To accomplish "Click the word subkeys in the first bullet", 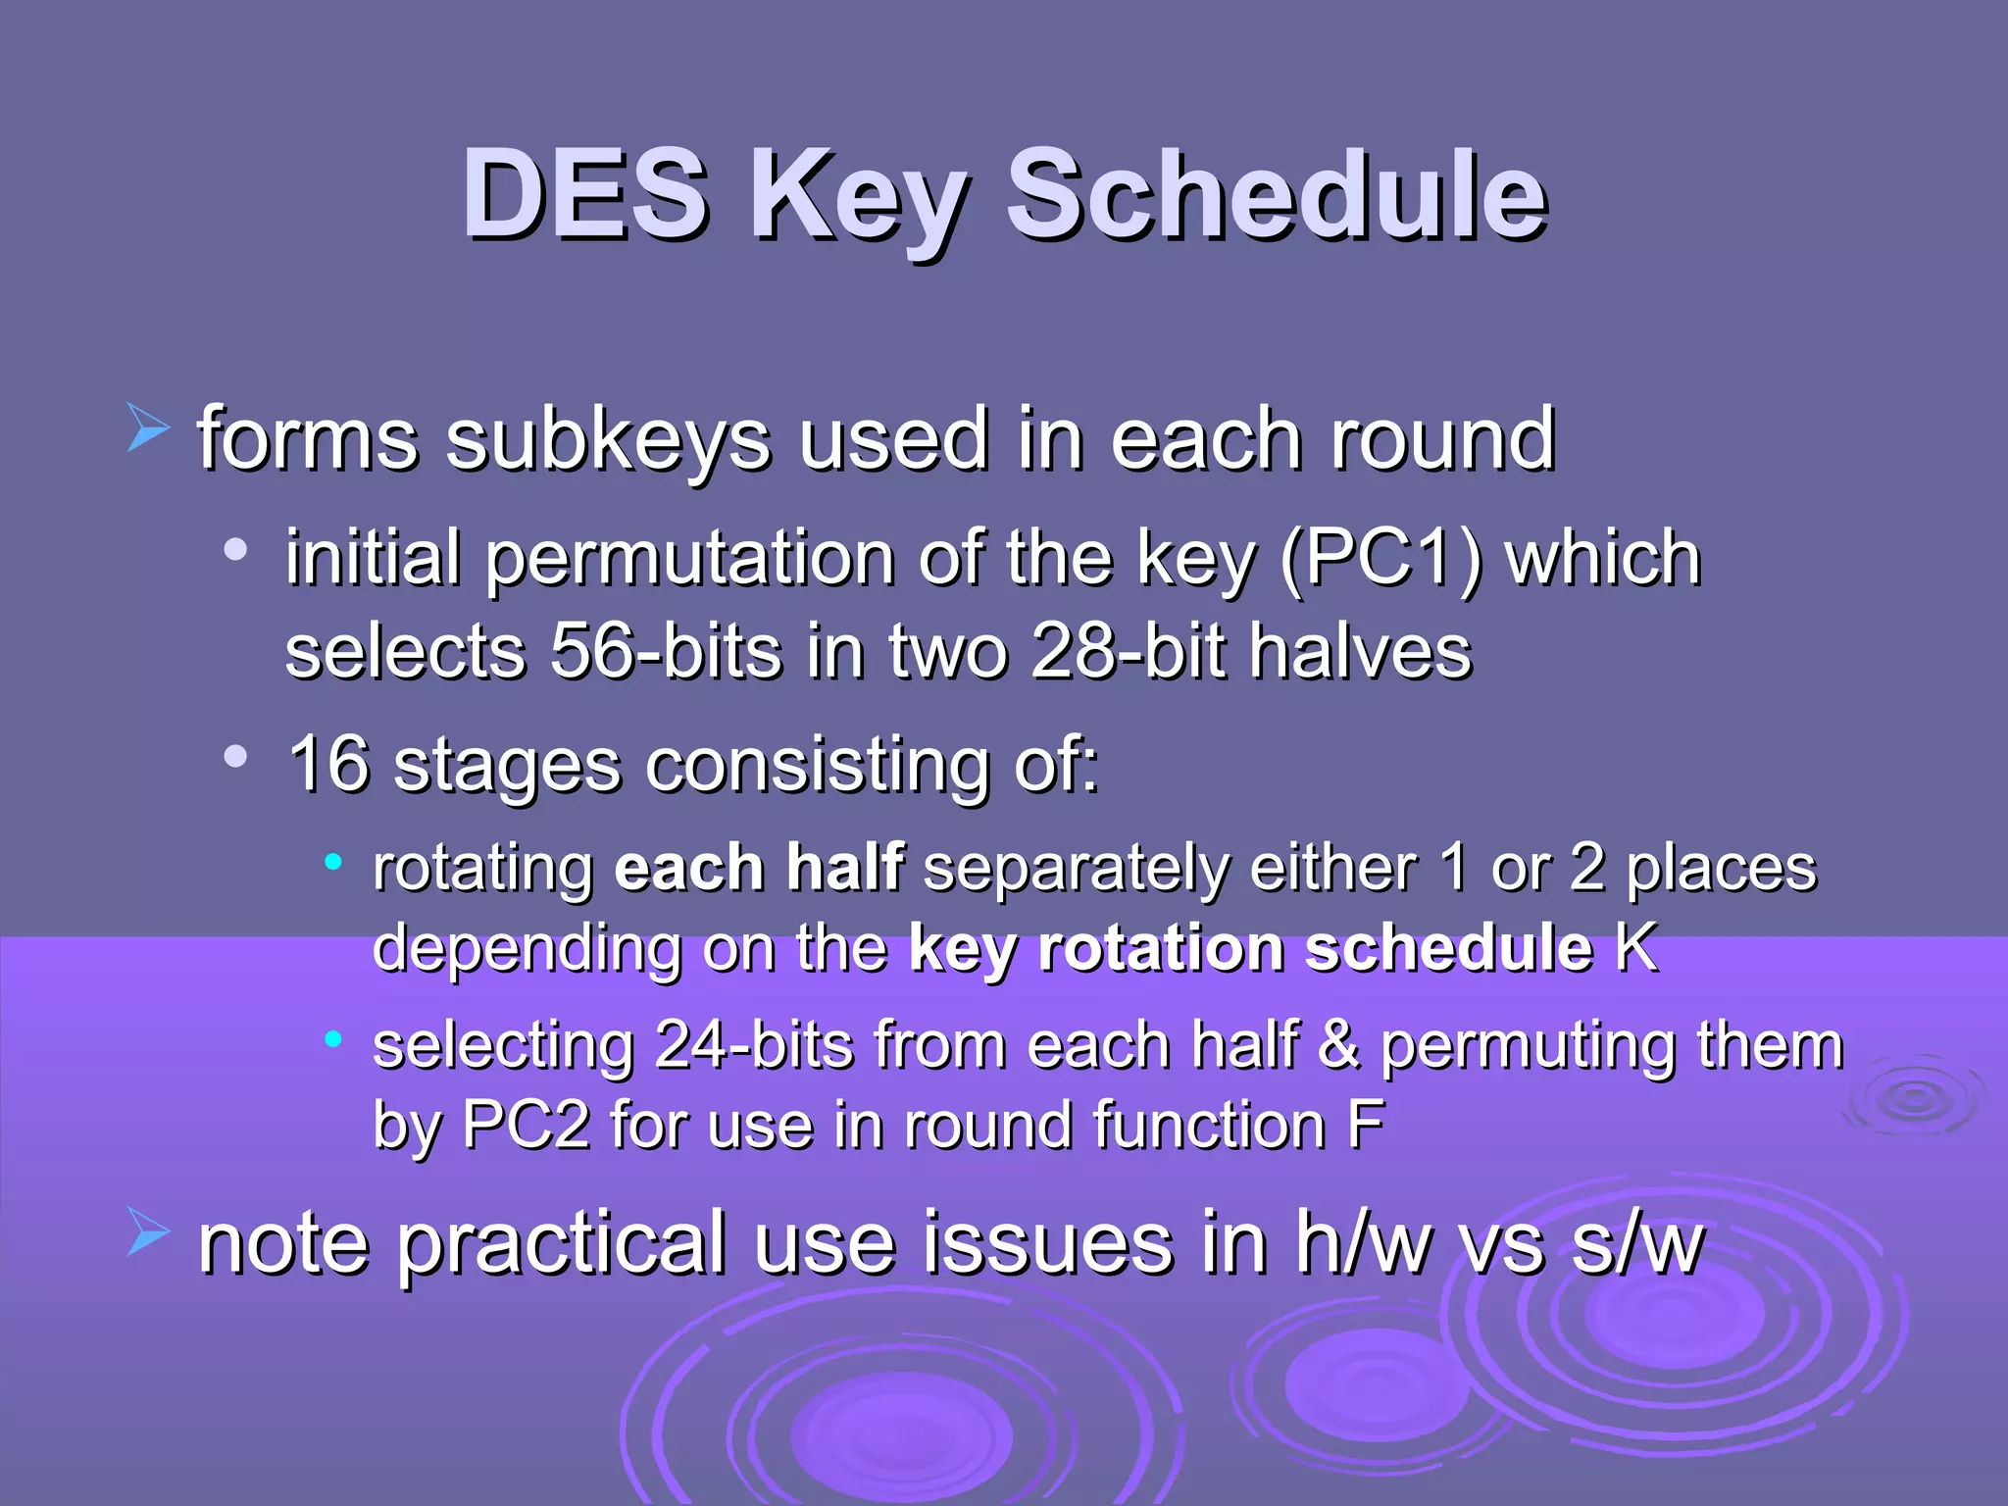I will pos(608,440).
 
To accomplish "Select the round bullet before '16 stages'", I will pos(235,756).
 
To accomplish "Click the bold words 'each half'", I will pos(758,869).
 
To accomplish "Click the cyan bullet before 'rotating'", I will pos(333,862).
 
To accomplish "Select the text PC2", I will pos(526,1125).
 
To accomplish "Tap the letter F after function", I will pos(1365,1125).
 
